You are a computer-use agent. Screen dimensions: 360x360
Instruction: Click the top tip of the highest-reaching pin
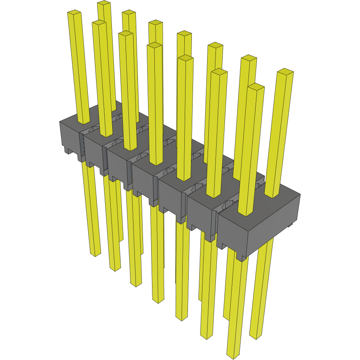(x=104, y=4)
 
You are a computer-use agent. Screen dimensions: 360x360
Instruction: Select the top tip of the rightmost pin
(x=285, y=72)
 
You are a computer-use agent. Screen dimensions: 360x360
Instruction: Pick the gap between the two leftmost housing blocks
(x=82, y=146)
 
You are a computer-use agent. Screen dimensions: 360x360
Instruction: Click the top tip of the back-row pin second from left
(x=129, y=13)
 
